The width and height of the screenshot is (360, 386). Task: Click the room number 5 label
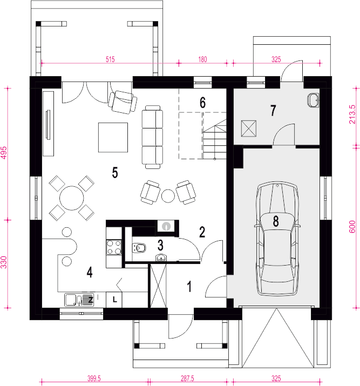115,172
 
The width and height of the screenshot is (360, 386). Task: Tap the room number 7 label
273,111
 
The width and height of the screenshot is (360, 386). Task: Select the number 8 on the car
276,221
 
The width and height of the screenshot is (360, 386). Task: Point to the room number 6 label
202,103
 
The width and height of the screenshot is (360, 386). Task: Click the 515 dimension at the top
110,59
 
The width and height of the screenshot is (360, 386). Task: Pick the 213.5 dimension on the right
352,114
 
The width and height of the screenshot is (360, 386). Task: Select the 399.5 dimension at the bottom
94,378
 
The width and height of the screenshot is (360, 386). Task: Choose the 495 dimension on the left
4,153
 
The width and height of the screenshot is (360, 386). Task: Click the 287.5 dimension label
187,378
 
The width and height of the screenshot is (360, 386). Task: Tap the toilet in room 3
139,248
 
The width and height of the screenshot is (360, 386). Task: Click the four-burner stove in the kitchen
114,247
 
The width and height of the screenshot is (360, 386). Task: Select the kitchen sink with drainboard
79,300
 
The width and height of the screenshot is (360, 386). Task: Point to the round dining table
72,198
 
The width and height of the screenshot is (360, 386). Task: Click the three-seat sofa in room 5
153,137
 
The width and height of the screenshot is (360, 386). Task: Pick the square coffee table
113,137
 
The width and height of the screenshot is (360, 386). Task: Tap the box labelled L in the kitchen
114,300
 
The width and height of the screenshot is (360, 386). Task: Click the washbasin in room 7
313,100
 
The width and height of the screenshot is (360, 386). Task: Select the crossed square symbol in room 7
249,128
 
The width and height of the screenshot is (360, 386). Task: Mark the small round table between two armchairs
168,196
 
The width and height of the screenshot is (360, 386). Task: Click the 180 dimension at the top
202,59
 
